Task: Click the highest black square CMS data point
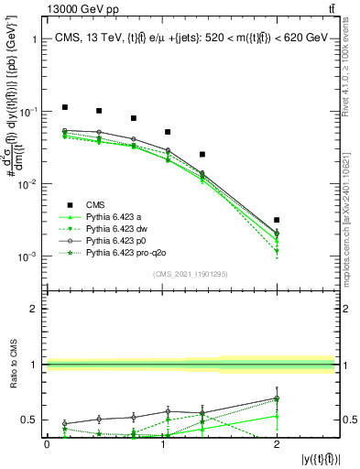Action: (64, 107)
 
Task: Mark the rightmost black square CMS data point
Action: (277, 220)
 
